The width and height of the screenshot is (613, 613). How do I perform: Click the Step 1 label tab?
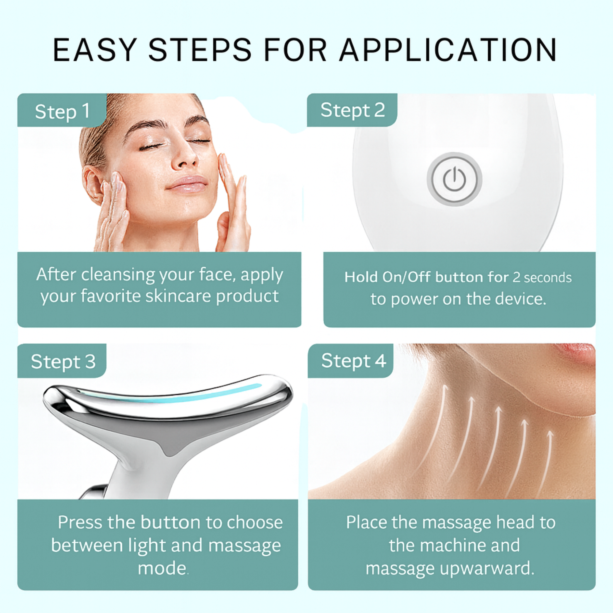[62, 110]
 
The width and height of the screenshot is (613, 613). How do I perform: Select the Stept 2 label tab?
[352, 110]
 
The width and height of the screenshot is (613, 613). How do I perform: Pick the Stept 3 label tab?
[62, 361]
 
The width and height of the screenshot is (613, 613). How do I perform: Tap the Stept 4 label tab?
[351, 361]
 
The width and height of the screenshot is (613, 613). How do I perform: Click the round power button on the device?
[454, 179]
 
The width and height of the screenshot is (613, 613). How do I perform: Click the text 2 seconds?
[542, 278]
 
